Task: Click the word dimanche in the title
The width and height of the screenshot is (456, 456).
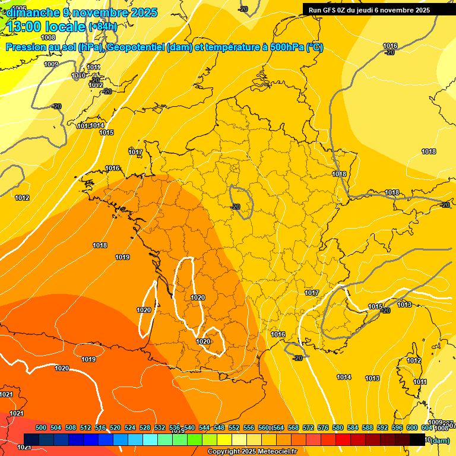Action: (x=30, y=12)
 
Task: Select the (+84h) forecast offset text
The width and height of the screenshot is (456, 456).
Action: (x=102, y=27)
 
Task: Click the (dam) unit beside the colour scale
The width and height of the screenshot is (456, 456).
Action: (x=440, y=441)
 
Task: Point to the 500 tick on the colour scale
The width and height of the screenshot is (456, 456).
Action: (x=41, y=427)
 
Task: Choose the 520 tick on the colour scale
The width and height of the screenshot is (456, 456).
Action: (x=115, y=427)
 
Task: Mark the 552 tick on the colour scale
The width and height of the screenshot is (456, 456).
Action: (x=234, y=427)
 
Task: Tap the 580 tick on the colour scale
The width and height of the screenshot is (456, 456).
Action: (x=338, y=427)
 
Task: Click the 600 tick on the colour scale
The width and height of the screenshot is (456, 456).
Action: (x=412, y=427)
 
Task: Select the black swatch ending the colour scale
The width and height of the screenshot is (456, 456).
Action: (x=417, y=439)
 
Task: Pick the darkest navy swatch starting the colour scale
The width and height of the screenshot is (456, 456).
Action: (x=31, y=439)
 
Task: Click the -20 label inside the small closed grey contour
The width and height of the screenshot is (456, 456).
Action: (x=236, y=207)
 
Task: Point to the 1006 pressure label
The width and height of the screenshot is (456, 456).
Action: (x=19, y=8)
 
